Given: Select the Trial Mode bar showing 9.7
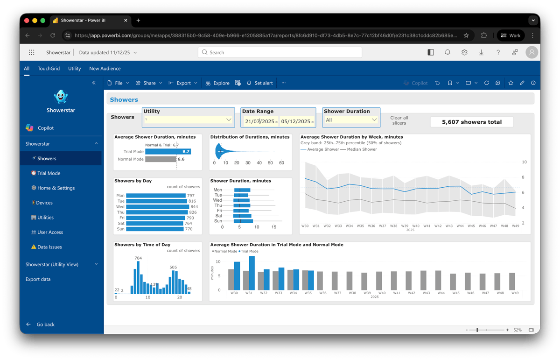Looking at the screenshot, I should [x=168, y=151].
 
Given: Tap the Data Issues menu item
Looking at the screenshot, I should [x=49, y=247].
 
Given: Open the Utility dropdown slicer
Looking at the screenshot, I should [x=188, y=120].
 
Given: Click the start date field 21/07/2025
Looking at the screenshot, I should [x=259, y=121].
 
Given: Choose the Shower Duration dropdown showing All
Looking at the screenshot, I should [x=351, y=120].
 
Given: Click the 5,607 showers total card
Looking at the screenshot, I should [x=471, y=122].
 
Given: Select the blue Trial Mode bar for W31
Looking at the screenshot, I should [x=252, y=273].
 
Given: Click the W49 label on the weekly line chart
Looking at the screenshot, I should [x=515, y=226].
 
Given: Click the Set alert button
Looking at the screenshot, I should [x=260, y=83].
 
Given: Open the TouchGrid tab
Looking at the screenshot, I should [x=49, y=69].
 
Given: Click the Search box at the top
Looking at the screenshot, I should [x=280, y=52].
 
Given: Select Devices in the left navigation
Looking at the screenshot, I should [x=44, y=203].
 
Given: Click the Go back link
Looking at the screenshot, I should [x=45, y=325].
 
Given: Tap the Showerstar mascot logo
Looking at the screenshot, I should [x=61, y=97].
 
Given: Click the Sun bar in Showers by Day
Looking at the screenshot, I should [x=153, y=229].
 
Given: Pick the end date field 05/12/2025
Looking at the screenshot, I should [x=296, y=121].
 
